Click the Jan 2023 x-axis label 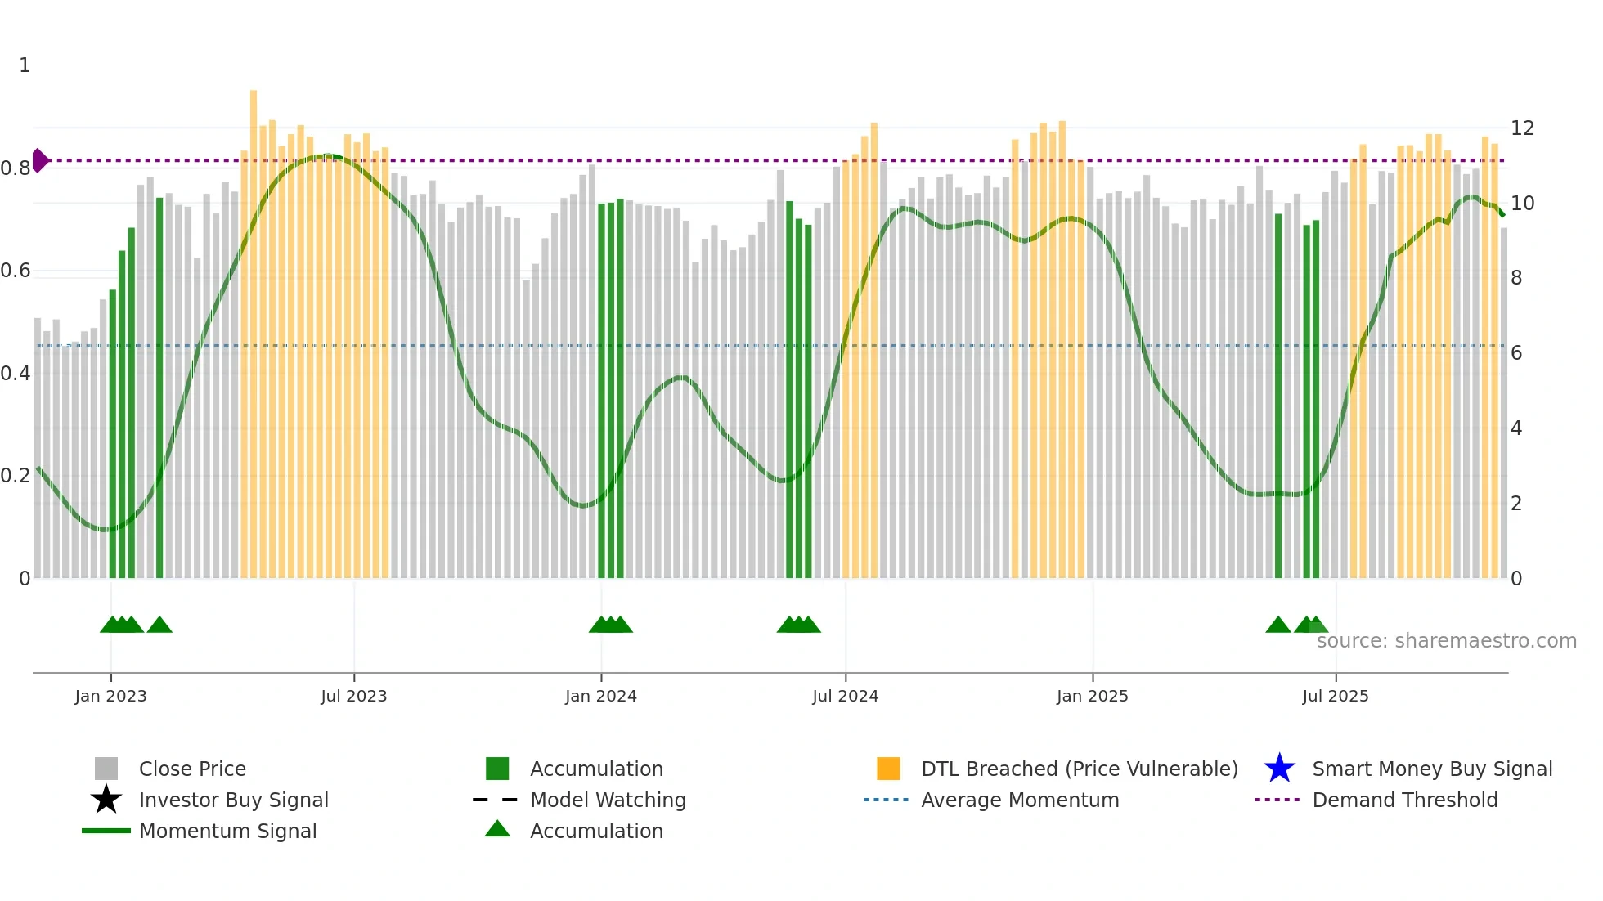tap(110, 696)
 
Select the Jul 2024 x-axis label tap(845, 696)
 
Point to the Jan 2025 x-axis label tap(1092, 696)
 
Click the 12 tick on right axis tap(1522, 128)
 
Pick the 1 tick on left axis tap(25, 65)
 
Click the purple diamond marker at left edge tap(39, 160)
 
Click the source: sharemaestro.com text tap(1446, 641)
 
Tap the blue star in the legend tap(1279, 769)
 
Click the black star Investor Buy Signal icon tap(106, 800)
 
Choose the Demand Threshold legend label tap(1404, 800)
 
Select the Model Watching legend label tap(608, 800)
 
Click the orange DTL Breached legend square tap(888, 769)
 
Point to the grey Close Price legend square tap(106, 769)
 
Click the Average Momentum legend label tap(1020, 800)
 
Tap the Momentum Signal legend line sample tap(106, 831)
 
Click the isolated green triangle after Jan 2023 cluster tap(159, 625)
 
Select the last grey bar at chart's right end tap(1504, 409)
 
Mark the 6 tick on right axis tap(1516, 353)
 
